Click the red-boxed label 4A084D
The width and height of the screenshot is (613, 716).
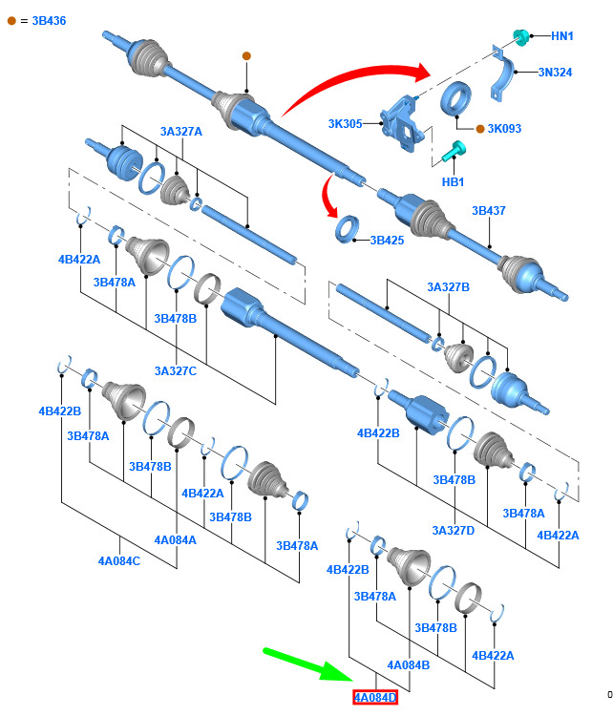pyautogui.click(x=375, y=697)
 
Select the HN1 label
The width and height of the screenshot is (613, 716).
pyautogui.click(x=561, y=36)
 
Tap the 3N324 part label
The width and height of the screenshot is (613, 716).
pyautogui.click(x=555, y=73)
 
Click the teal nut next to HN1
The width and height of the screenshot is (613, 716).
pyautogui.click(x=520, y=36)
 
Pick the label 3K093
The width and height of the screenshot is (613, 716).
pyautogui.click(x=504, y=128)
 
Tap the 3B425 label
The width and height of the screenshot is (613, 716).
pyautogui.click(x=387, y=241)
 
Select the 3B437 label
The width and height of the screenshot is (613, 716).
pyautogui.click(x=489, y=211)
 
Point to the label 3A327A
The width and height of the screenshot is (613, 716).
pyautogui.click(x=180, y=132)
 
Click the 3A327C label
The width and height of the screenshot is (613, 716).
pyautogui.click(x=176, y=370)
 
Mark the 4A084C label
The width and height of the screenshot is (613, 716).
pyautogui.click(x=119, y=560)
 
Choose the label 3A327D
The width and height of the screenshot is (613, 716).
pyautogui.click(x=454, y=530)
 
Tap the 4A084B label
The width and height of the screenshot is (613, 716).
pyautogui.click(x=409, y=664)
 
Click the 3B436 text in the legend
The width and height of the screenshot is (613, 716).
pyautogui.click(x=49, y=21)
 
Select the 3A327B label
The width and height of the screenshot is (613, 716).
pyautogui.click(x=448, y=286)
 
